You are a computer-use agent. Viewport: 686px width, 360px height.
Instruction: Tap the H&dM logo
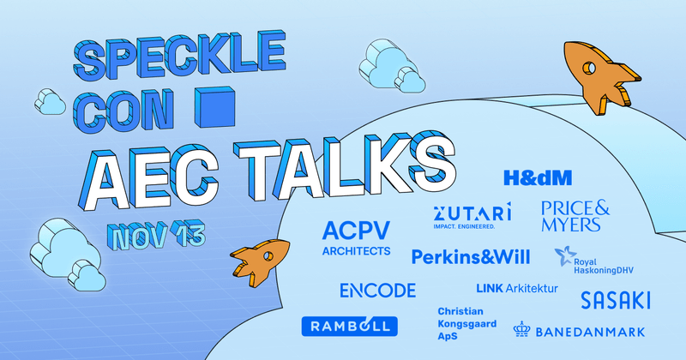coord(538,177)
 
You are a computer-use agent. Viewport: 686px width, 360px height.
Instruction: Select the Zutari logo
coord(472,215)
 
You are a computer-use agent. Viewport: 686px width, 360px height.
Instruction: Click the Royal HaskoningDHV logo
coord(601,257)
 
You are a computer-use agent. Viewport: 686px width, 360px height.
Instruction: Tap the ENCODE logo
coord(377,290)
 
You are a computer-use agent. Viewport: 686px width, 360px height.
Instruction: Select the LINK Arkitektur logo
coord(516,288)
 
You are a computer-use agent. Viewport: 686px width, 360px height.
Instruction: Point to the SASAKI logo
coord(615,300)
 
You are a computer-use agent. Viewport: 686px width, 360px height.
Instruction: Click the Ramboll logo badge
coord(348,326)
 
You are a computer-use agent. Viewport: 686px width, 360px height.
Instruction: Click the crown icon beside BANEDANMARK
coord(523,329)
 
